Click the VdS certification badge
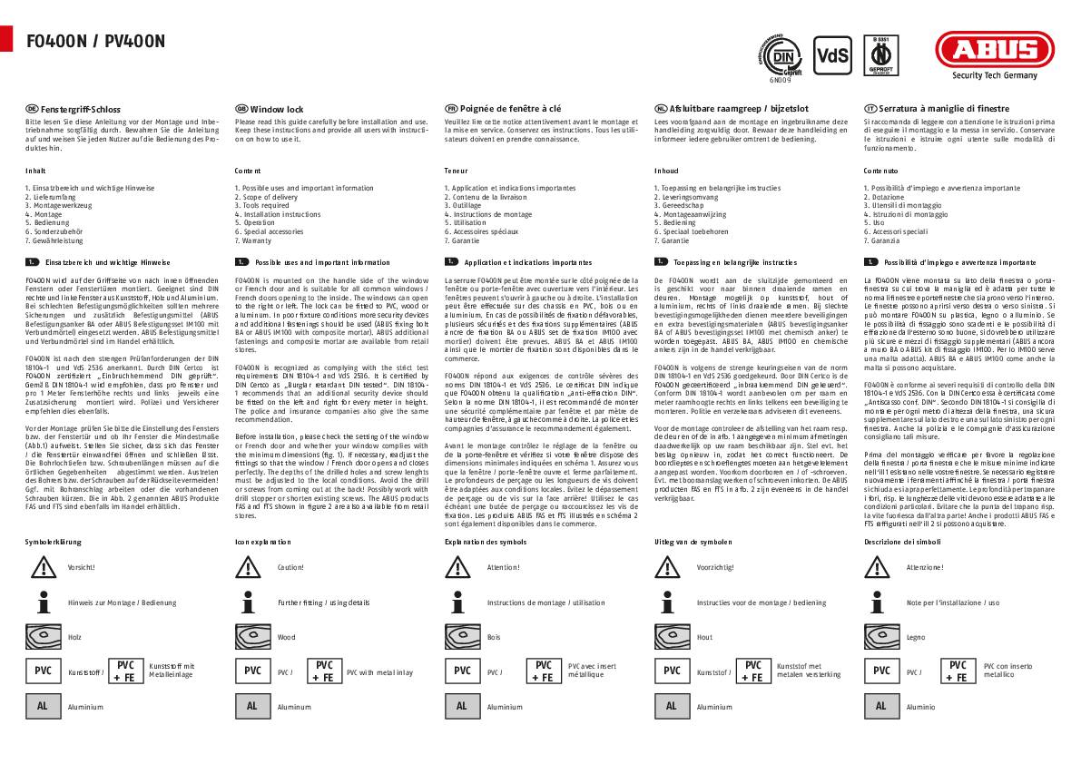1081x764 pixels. coord(832,55)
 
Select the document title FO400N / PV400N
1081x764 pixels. coord(95,41)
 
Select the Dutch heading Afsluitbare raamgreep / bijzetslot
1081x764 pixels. coord(718,109)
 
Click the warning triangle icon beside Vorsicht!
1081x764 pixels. coord(42,567)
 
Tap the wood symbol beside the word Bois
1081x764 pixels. coord(461,637)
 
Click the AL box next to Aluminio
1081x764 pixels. coord(880,706)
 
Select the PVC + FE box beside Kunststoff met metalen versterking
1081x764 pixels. coord(752,671)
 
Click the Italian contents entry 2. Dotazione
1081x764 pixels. coord(884,197)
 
